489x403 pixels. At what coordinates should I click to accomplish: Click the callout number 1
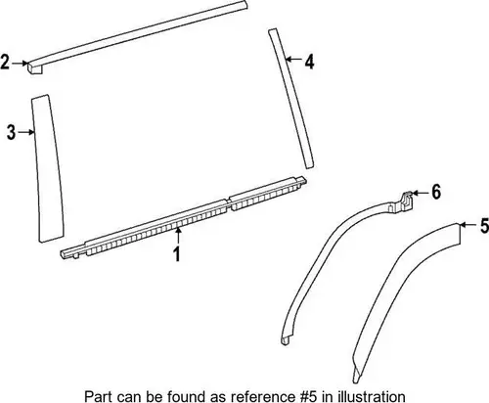[x=177, y=254]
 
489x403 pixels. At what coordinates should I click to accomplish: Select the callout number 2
[x=5, y=62]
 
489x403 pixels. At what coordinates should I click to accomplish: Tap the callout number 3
[x=12, y=132]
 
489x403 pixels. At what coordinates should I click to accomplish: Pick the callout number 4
[x=309, y=62]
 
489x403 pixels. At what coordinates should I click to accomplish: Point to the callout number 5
[x=485, y=226]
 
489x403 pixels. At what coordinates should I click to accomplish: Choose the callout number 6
[x=436, y=192]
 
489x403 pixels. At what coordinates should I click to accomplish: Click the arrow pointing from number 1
[x=178, y=237]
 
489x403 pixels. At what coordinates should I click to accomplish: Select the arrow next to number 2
[x=20, y=63]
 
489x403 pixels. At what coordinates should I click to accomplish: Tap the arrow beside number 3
[x=26, y=132]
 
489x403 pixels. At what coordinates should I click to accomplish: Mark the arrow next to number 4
[x=293, y=59]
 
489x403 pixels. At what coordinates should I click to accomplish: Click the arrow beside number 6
[x=421, y=194]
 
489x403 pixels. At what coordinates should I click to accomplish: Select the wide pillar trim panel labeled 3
[x=46, y=168]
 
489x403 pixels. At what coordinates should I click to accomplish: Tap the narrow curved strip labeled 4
[x=290, y=98]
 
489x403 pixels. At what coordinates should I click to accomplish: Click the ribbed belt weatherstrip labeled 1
[x=183, y=218]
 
